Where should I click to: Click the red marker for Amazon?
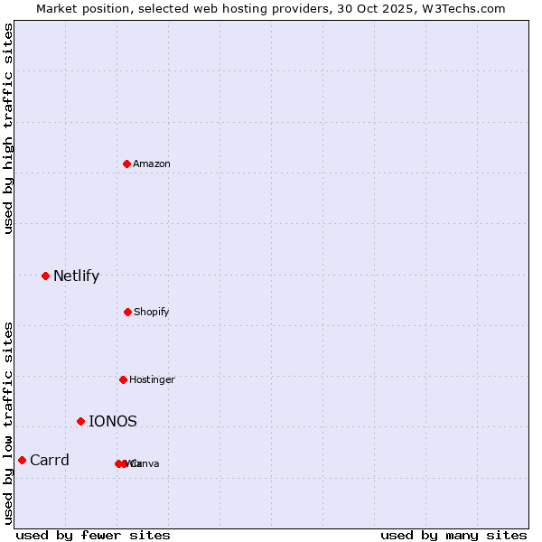(x=127, y=164)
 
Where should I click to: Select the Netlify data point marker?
(x=45, y=276)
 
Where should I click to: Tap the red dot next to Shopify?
(x=127, y=312)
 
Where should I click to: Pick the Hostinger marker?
(x=123, y=379)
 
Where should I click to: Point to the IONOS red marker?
(x=80, y=421)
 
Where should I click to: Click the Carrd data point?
(x=22, y=460)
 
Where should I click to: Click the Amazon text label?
(x=151, y=164)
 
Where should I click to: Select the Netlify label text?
(x=76, y=276)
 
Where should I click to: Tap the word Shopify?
(x=151, y=312)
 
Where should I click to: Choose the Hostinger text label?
(x=152, y=379)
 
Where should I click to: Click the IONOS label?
(x=113, y=421)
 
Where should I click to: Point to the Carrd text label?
(x=49, y=460)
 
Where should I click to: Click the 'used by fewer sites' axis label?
(x=93, y=535)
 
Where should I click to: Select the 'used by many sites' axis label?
(x=453, y=535)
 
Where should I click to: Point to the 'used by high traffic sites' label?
(x=8, y=128)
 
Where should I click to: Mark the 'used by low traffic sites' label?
(x=8, y=423)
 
